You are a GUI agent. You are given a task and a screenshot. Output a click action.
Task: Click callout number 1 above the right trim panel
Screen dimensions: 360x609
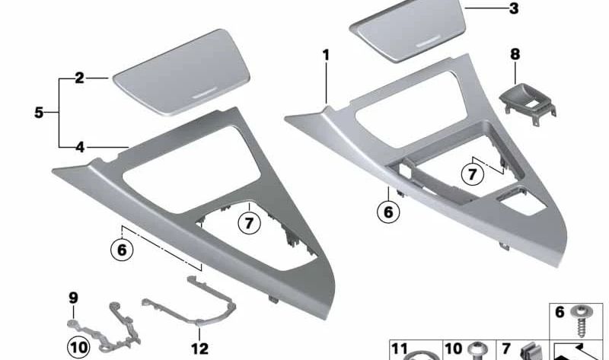326,55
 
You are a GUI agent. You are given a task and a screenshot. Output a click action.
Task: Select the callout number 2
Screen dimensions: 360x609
78,78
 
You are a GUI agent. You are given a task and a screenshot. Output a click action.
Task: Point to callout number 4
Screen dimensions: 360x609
78,147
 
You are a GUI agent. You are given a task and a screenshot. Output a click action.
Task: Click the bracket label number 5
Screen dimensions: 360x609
39,113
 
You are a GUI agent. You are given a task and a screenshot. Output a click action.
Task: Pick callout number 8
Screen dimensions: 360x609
515,55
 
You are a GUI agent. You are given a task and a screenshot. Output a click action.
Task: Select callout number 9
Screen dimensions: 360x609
73,297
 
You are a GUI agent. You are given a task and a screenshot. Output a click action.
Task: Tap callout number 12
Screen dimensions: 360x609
199,349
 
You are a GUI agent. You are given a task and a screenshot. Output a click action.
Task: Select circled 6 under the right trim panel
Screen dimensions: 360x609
388,212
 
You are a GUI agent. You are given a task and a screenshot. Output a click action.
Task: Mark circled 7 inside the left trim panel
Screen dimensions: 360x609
247,224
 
